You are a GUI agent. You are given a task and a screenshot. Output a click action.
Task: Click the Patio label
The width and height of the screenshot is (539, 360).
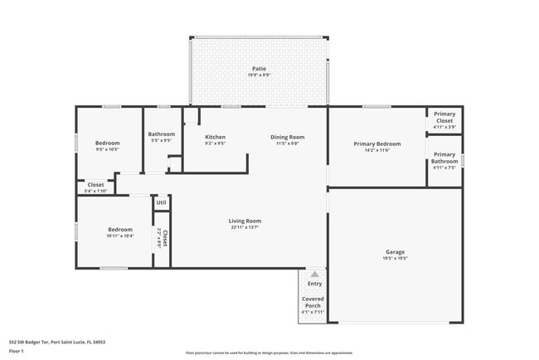pos(260,68)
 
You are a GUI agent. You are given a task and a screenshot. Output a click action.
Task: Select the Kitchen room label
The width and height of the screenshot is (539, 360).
pos(215,137)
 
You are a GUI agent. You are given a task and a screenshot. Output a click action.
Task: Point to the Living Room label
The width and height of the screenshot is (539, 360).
pos(245,221)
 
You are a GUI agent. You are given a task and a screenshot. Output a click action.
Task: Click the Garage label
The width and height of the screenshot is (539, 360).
pos(395,251)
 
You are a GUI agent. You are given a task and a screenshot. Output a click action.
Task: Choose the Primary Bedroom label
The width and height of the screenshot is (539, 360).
pos(377,144)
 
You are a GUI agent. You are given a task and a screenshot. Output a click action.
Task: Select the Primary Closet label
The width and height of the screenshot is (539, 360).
pos(444,117)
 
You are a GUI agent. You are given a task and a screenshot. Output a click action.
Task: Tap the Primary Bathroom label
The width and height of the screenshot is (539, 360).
pos(444,157)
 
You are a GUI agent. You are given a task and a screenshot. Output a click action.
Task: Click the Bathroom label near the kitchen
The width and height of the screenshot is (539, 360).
pos(161,134)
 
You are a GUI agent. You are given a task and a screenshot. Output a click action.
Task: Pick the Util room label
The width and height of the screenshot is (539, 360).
pos(161,202)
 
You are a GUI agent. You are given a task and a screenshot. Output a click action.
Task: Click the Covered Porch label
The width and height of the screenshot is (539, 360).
pos(313,301)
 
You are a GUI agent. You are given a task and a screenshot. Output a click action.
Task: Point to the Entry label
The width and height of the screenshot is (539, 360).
pos(314,284)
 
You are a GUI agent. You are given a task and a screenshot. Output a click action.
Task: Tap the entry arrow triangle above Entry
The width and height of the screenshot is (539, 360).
pos(314,273)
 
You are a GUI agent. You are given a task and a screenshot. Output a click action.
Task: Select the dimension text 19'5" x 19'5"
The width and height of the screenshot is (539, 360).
pos(395,258)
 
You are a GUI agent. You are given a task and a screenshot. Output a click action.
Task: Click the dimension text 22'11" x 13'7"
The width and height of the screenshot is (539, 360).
pos(245,227)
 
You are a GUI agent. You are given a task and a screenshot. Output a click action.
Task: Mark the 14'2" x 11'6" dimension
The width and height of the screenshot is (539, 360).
pos(377,150)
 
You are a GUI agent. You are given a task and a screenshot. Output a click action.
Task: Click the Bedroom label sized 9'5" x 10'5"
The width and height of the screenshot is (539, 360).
pos(107,143)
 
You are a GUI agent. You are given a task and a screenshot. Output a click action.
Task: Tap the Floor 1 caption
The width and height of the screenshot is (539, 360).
pos(17,351)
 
